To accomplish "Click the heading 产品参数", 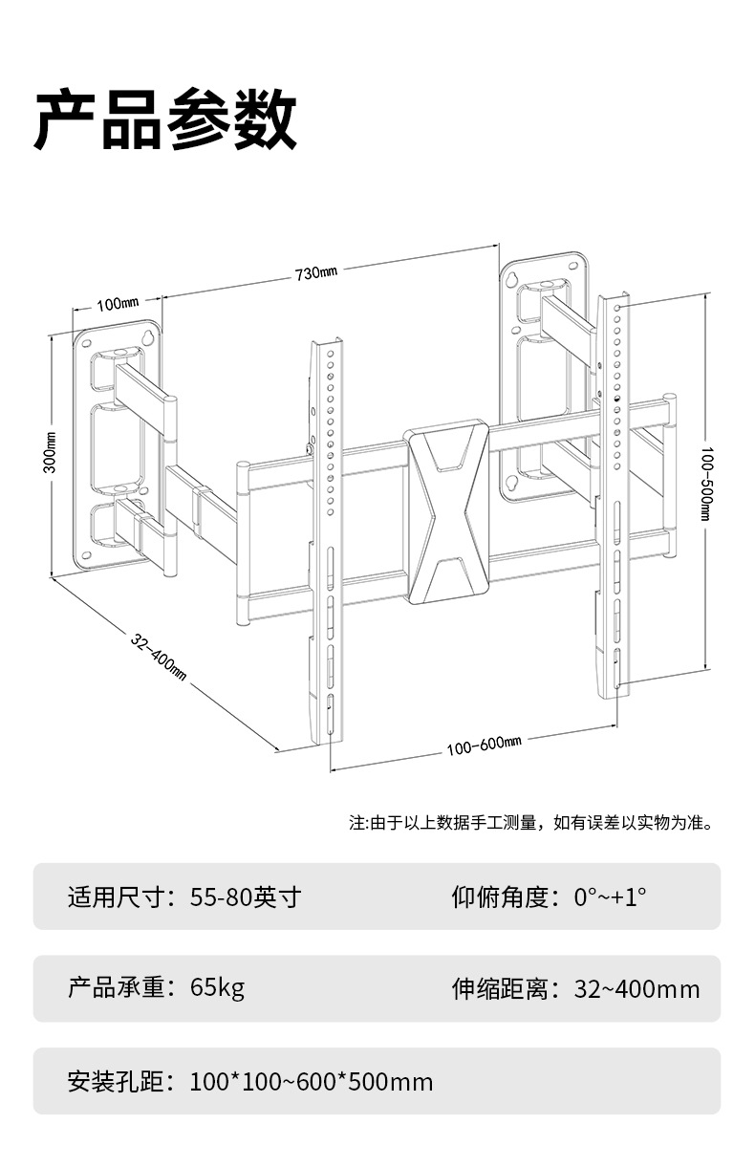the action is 165,121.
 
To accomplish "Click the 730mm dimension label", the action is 316,273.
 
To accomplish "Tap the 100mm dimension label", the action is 118,304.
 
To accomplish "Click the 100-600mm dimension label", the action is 484,746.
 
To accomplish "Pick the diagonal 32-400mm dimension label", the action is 159,655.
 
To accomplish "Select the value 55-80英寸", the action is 246,897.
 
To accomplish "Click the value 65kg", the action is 217,987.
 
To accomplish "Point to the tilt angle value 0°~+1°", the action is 610,897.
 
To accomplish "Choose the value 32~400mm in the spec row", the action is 636,989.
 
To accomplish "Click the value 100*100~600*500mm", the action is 311,1082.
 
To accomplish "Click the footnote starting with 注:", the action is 530,822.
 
